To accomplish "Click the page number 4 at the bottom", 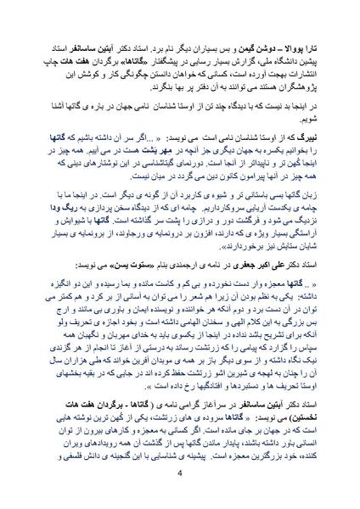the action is tap(180, 473).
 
